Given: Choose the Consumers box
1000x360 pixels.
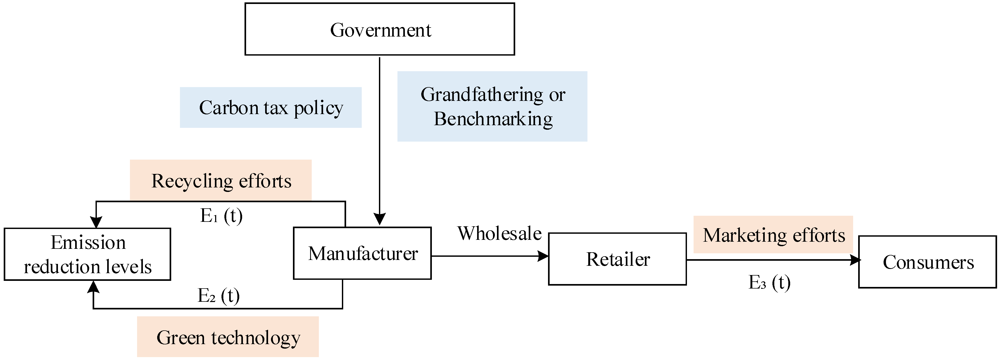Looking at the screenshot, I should pos(927,262).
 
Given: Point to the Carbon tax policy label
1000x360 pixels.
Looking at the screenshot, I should pos(271,107).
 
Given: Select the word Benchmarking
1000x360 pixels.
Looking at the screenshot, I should pos(493,119).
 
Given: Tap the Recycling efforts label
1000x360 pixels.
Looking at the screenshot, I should pos(221,181).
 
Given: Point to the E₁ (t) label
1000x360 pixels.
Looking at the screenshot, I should pos(221,215).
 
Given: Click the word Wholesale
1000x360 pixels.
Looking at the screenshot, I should pos(499,233).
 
